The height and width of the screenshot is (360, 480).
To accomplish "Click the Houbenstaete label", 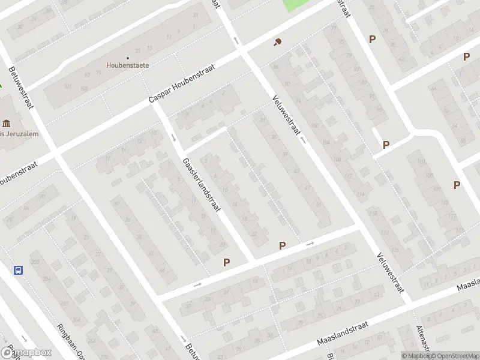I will tap(127, 65).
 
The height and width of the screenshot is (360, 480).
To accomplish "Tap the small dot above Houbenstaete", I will tap(127, 58).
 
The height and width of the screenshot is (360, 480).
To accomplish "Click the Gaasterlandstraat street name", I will tap(202, 185).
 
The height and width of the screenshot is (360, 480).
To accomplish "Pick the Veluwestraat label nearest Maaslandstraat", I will tap(388, 272).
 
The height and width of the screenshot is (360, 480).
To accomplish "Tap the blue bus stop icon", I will tap(19, 270).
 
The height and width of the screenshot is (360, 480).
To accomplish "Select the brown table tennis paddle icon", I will tap(277, 43).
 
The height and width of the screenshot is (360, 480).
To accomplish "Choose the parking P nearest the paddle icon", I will tap(372, 40).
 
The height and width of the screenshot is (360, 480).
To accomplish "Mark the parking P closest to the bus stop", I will tap(227, 262).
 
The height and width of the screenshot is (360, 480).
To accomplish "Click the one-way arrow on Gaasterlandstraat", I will tap(173, 138).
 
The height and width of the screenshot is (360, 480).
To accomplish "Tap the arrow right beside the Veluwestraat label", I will tap(304, 140).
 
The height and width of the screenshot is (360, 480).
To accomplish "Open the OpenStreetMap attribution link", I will tap(455, 356).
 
